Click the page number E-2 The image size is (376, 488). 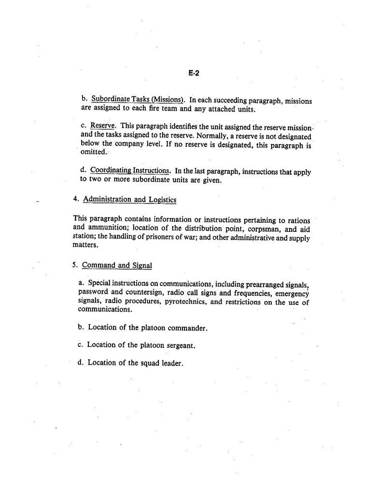[194, 73]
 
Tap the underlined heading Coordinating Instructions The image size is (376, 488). [130, 170]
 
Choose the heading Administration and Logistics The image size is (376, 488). [129, 199]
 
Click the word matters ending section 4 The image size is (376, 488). [85, 245]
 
